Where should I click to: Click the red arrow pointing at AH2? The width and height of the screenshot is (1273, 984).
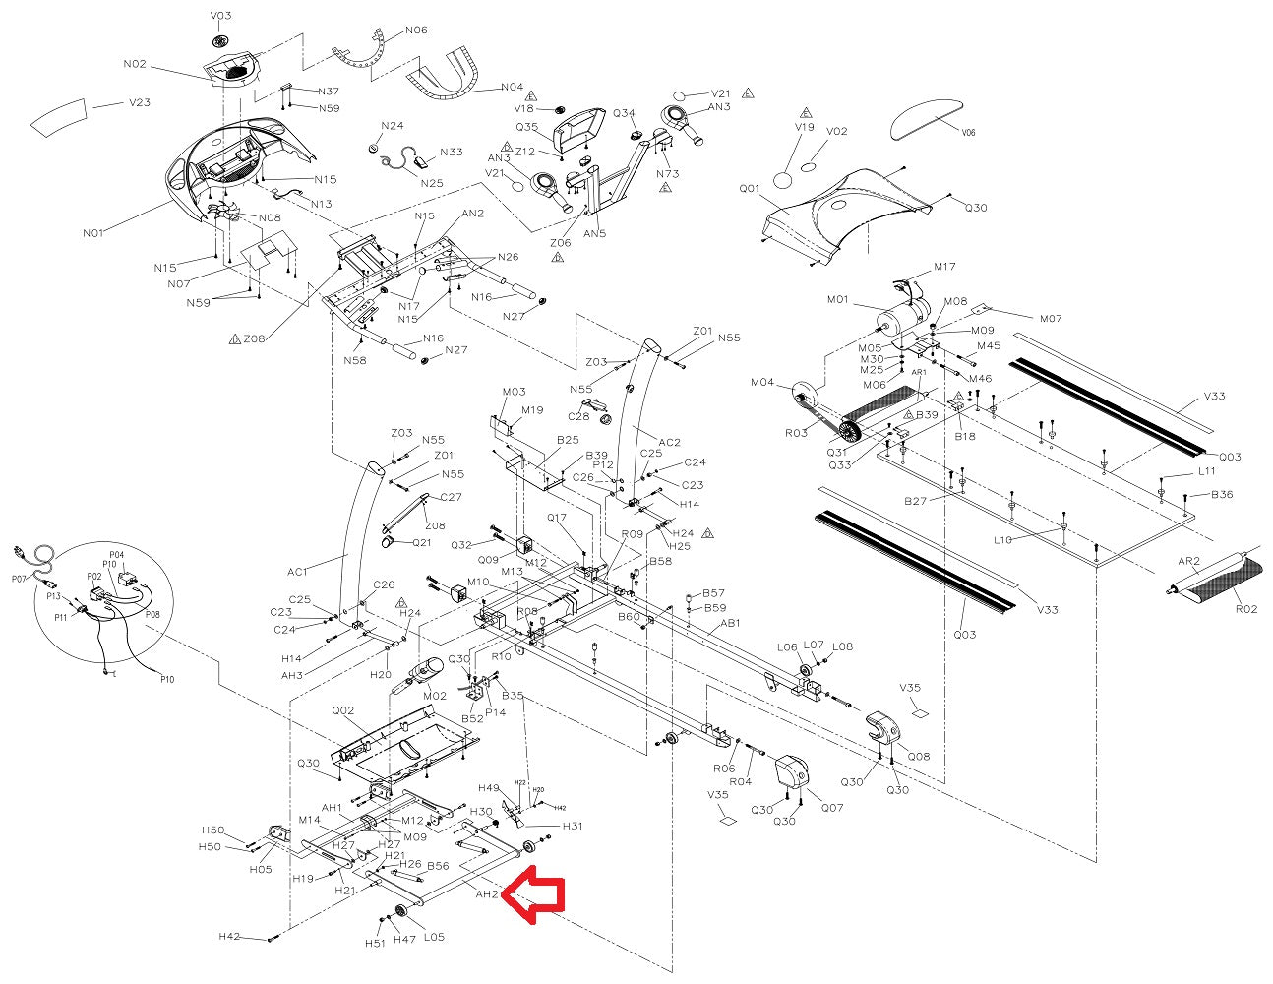535,892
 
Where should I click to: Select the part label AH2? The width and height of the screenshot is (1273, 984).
487,894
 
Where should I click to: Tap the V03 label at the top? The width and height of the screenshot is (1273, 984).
220,16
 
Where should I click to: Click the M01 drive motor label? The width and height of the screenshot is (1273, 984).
838,299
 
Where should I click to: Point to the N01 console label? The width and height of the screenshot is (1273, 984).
93,233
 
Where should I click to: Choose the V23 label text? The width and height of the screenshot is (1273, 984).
140,102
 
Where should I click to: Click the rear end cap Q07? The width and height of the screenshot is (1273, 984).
792,772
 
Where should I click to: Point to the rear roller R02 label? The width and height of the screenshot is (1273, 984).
1245,609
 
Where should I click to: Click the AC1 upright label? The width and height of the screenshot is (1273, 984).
297,571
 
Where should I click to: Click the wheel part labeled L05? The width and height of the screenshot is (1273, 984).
402,910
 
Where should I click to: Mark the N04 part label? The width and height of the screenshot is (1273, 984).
512,87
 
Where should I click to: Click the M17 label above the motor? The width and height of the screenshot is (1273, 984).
944,267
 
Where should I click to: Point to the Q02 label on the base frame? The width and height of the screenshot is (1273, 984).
342,708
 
